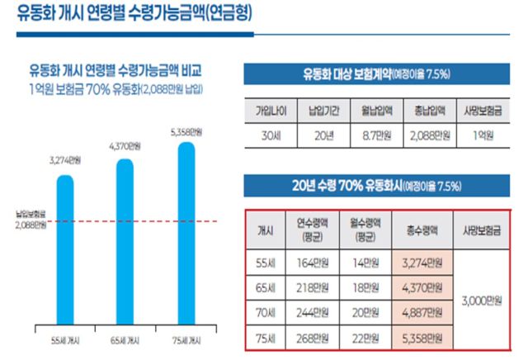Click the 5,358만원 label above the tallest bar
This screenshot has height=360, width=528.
[x=187, y=131]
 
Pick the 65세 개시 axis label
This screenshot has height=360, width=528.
[x=125, y=340]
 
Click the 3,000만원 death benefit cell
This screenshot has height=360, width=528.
[x=484, y=301]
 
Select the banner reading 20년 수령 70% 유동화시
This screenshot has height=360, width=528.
[x=380, y=184]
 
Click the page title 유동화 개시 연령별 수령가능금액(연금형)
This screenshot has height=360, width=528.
[x=135, y=14]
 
